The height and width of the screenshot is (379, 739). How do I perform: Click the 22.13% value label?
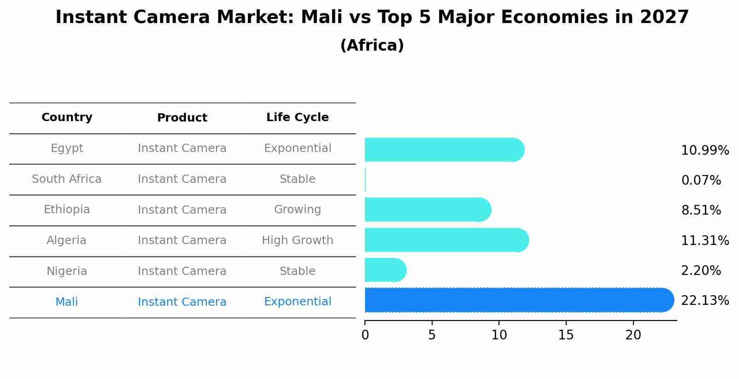click(704, 301)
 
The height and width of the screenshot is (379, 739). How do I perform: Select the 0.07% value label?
click(701, 181)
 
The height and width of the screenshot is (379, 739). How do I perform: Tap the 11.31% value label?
click(704, 240)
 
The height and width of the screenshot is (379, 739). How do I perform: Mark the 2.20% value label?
click(701, 271)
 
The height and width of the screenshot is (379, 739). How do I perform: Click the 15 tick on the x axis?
click(566, 335)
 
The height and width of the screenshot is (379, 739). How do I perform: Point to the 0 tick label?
click(365, 335)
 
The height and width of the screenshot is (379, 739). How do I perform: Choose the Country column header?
click(67, 117)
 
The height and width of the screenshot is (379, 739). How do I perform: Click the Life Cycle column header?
click(297, 117)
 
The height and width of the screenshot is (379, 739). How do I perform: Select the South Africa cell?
click(67, 179)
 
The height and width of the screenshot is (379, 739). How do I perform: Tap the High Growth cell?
click(297, 240)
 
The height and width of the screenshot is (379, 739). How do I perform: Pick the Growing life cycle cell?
click(297, 210)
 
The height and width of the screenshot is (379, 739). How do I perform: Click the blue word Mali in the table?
click(67, 302)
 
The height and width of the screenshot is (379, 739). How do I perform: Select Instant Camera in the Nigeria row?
click(182, 271)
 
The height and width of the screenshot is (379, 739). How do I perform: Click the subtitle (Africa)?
click(372, 46)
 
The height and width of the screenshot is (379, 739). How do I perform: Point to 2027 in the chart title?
click(664, 17)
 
